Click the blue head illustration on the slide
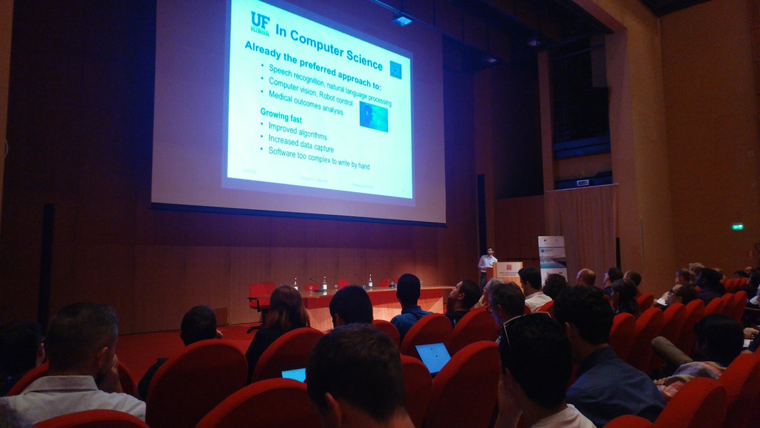374,117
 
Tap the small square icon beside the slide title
396,69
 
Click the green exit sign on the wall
737,226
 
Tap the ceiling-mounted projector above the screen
402,19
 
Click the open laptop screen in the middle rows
433,357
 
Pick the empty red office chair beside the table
260,298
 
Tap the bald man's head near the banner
586,277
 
